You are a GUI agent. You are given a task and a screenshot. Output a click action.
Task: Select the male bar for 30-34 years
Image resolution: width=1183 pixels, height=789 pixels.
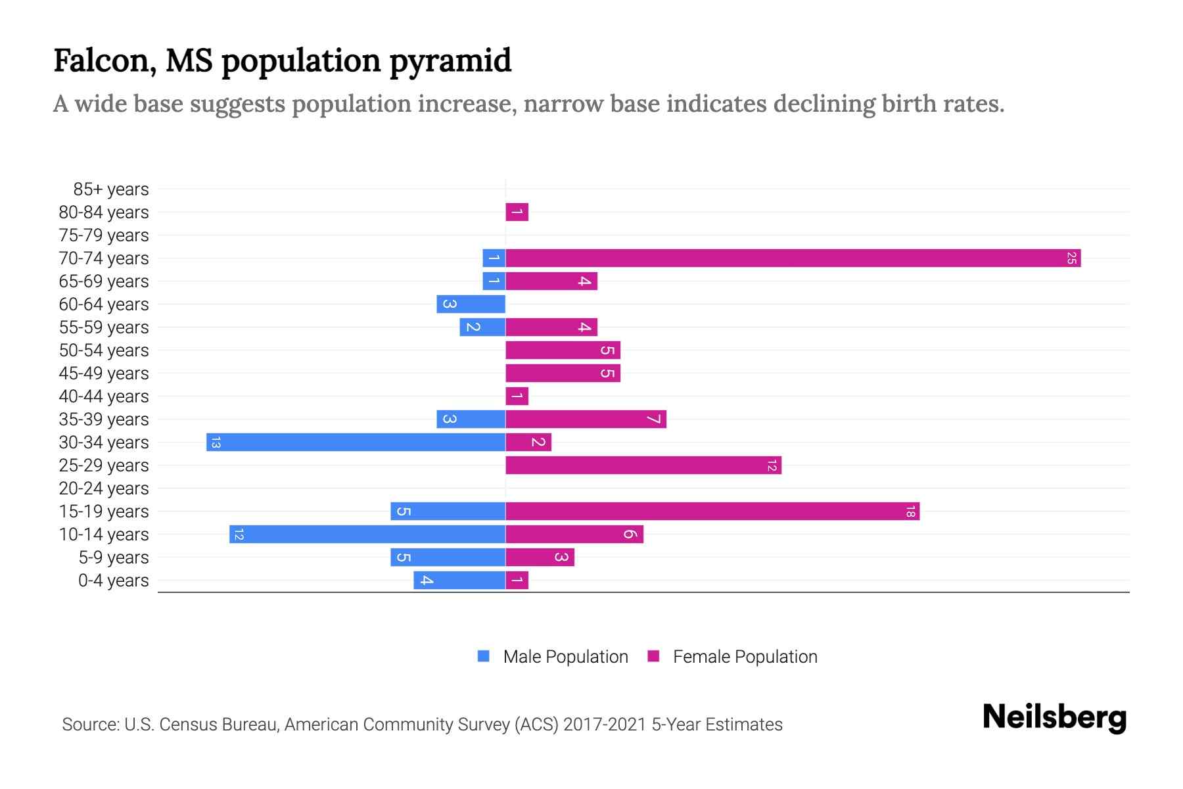tap(356, 442)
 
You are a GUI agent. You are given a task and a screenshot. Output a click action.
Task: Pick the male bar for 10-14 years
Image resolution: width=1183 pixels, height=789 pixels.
tap(367, 535)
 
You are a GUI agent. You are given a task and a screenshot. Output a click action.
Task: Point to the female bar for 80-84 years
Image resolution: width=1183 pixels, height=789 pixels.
tap(517, 212)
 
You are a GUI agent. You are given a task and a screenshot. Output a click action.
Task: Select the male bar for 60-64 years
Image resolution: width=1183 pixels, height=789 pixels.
tap(471, 304)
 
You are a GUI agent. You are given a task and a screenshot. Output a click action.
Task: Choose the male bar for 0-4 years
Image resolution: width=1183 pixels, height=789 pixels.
tap(459, 581)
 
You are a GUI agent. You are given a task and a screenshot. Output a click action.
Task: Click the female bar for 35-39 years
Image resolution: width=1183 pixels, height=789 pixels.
tap(586, 419)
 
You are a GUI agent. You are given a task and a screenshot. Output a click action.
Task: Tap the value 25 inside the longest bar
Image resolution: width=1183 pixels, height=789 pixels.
tap(1071, 258)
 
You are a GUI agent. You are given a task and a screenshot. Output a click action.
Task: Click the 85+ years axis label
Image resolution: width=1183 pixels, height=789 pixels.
tap(111, 189)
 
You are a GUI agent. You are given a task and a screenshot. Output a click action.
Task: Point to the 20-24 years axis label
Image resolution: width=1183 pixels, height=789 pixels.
tap(104, 489)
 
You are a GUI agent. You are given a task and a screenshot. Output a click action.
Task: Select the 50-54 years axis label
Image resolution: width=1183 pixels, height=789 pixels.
tap(104, 350)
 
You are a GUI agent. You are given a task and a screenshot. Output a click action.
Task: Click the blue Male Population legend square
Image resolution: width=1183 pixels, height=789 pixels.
tap(484, 656)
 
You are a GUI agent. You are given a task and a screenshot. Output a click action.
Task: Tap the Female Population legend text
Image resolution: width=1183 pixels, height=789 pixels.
tap(745, 657)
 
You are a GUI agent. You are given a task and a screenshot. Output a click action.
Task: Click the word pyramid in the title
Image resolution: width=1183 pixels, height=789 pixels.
tap(450, 61)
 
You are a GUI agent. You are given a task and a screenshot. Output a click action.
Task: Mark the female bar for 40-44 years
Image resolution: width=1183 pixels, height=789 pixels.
tap(517, 396)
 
